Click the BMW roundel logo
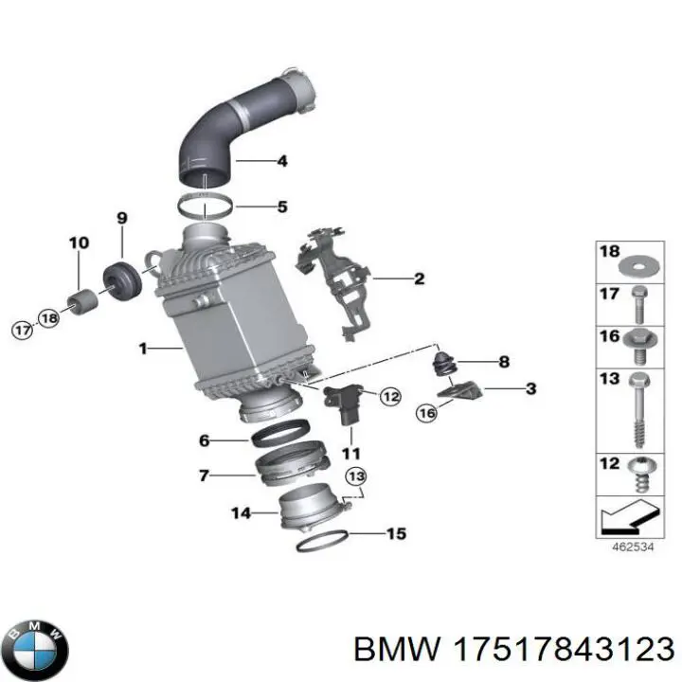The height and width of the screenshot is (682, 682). [39, 650]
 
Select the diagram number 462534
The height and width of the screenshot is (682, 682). [633, 547]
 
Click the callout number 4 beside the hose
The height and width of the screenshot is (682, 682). [282, 161]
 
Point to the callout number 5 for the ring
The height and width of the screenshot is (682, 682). [282, 206]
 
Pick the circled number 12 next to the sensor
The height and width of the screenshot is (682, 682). [390, 396]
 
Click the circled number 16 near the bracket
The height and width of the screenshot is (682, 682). [426, 412]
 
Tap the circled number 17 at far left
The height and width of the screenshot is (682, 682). [22, 331]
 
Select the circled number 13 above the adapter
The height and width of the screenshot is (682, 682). [356, 477]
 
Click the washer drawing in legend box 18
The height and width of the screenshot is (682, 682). [639, 265]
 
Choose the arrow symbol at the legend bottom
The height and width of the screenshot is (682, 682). [630, 517]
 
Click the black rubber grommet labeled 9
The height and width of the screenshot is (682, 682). [122, 280]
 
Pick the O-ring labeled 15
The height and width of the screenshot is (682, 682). [322, 542]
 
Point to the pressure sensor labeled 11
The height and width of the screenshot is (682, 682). [344, 404]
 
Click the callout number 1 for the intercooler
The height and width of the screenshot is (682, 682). [143, 349]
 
